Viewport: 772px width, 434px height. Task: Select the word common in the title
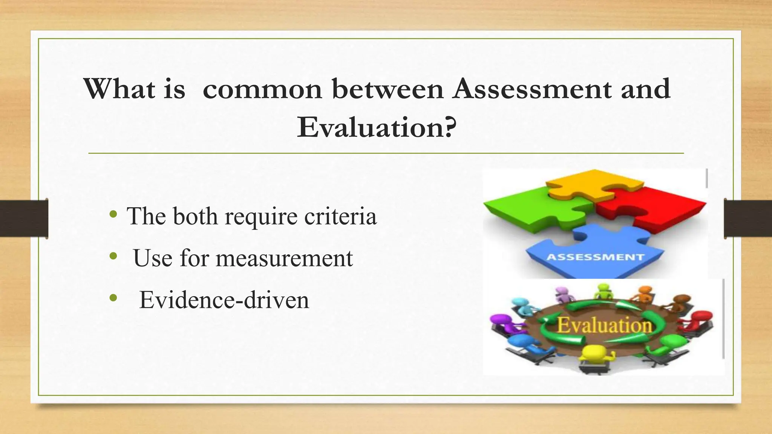[x=262, y=89]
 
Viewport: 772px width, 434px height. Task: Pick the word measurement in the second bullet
[x=284, y=258]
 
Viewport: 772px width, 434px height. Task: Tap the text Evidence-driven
[x=224, y=300]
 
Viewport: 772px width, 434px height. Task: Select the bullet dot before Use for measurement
[x=113, y=257]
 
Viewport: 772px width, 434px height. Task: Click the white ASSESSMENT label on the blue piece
[x=595, y=257]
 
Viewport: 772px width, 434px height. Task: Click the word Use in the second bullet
[x=153, y=258]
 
